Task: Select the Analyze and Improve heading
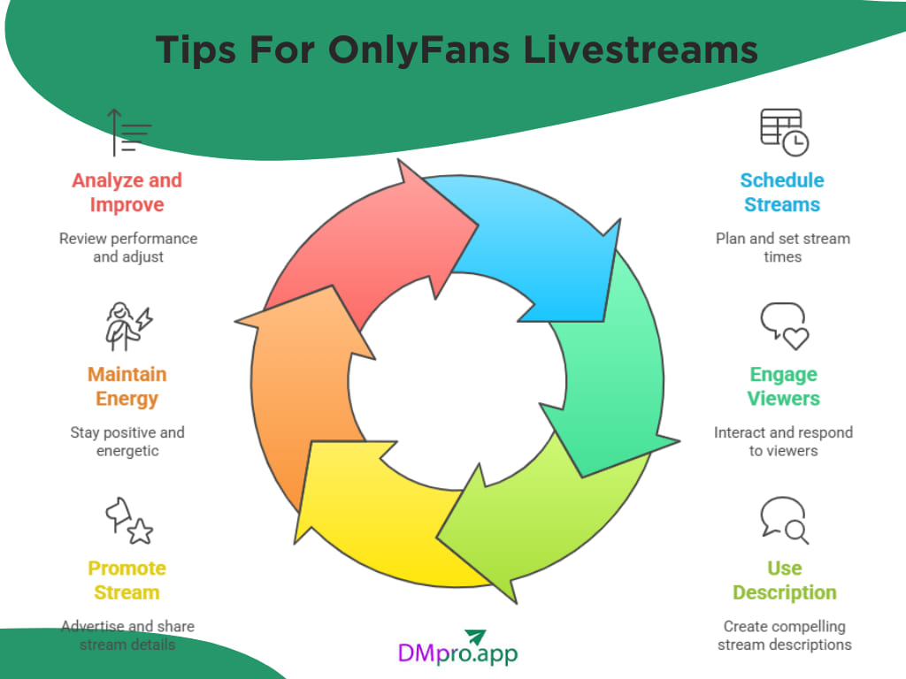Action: point(127,193)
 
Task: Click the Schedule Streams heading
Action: point(782,193)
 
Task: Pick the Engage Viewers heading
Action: point(783,386)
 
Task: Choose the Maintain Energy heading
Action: point(127,386)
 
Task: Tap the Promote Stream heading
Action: point(127,580)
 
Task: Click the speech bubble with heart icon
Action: point(784,325)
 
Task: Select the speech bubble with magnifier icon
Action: point(784,520)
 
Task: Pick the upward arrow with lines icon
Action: point(127,133)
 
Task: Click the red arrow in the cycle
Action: point(354,239)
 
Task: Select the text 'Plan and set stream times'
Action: point(782,248)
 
